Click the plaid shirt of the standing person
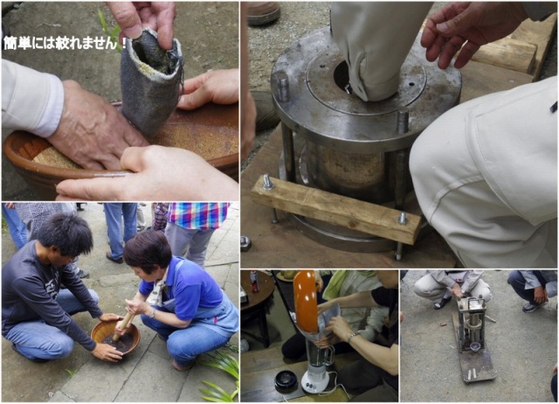coord(198,215)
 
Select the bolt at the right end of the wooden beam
coord(403,218)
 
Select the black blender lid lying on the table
coord(286,381)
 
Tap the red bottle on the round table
coord(254,282)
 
